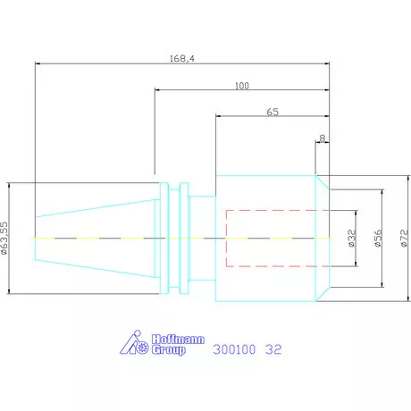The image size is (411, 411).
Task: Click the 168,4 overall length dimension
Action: pos(182,58)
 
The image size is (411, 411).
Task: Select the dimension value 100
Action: pos(242,86)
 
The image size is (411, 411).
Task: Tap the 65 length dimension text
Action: pos(273,112)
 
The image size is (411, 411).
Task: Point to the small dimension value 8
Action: pos(323,138)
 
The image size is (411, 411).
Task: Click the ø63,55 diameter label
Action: pos(4,238)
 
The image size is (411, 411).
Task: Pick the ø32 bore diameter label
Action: pos(352,239)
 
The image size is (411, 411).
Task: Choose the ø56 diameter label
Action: pos(378,239)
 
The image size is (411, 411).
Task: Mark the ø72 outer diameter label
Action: pos(404,239)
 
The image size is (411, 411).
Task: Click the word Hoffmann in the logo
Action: pos(178,340)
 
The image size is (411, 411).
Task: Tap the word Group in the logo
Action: pos(169,349)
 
